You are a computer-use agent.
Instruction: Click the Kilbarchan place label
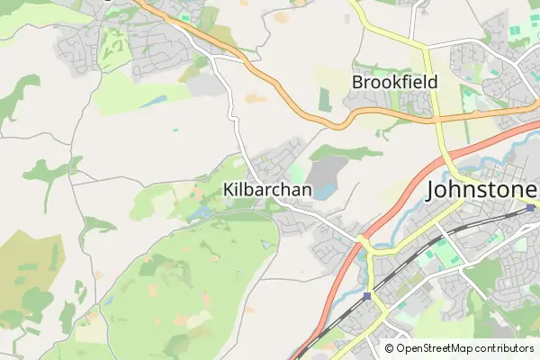click(x=266, y=191)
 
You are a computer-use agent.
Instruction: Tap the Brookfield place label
click(x=394, y=82)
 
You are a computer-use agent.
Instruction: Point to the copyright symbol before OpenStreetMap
click(x=389, y=347)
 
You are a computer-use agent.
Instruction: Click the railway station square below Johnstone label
click(x=532, y=209)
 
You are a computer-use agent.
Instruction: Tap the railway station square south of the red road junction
click(x=367, y=295)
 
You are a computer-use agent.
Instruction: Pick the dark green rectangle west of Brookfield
click(x=324, y=99)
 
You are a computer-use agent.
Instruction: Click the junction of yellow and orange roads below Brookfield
click(x=440, y=118)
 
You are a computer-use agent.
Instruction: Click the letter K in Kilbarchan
click(x=227, y=191)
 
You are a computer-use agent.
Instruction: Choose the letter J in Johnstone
click(x=432, y=191)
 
